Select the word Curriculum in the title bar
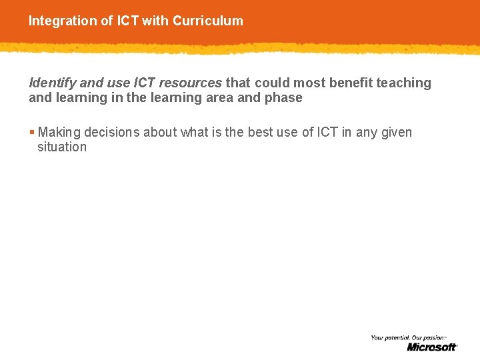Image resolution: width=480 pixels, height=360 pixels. point(208,21)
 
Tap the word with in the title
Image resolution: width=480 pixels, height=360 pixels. point(155,21)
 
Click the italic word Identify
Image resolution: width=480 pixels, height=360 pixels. point(52,83)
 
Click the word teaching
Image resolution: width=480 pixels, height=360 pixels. point(404,83)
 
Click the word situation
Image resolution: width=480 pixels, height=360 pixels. point(62,147)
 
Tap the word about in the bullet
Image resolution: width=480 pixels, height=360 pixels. point(160,133)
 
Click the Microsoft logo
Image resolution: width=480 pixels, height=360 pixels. point(432,347)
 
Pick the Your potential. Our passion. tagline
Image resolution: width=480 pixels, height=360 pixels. point(408,338)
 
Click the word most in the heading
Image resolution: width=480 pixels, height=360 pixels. point(306,83)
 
